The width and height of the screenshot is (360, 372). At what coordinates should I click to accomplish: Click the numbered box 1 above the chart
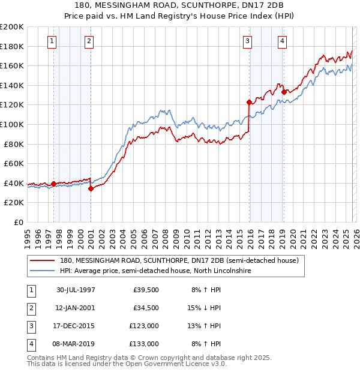tap(52, 41)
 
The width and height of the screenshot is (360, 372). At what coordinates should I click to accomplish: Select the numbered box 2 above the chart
tap(89, 41)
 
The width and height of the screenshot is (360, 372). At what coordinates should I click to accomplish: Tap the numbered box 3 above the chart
tap(247, 41)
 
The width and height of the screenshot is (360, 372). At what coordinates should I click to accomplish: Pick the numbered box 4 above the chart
tap(281, 41)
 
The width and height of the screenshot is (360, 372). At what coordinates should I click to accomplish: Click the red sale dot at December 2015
tap(249, 102)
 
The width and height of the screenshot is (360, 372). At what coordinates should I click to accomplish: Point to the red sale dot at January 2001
tap(91, 188)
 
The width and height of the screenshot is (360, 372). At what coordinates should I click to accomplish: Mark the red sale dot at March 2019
tap(283, 92)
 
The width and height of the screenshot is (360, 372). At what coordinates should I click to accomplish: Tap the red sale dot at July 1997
tap(54, 184)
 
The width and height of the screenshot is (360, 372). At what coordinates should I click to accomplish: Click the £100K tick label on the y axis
tap(12, 124)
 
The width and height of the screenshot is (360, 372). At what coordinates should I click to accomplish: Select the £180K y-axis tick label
tap(12, 46)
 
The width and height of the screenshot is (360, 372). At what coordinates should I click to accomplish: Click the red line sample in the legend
tap(43, 260)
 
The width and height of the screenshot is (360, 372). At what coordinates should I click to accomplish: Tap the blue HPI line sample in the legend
tap(43, 271)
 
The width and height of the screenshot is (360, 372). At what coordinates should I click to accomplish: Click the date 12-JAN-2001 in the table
tap(76, 308)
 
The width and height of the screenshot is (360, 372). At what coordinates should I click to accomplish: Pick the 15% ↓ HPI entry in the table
tap(205, 308)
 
